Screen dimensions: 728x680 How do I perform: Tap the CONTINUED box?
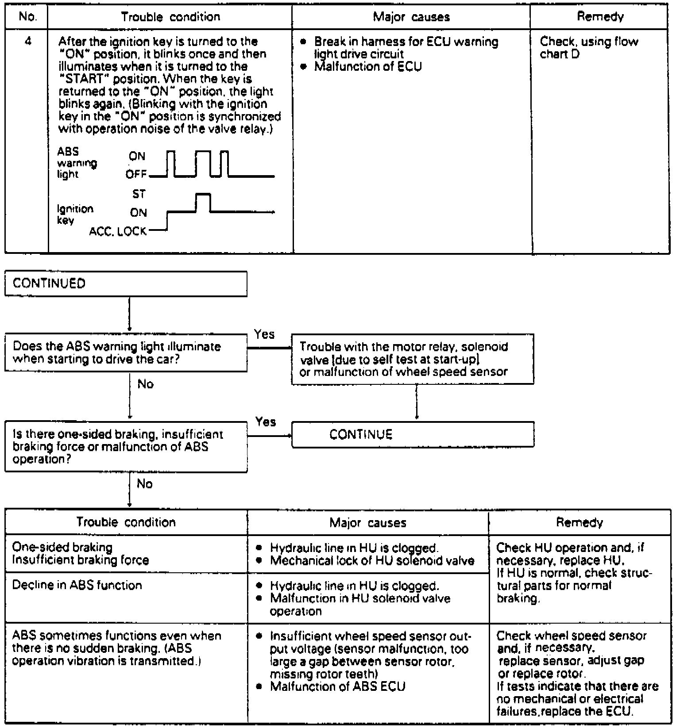[x=126, y=284]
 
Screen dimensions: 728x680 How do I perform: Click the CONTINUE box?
[x=413, y=434]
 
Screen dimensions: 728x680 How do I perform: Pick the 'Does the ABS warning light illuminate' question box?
[x=126, y=353]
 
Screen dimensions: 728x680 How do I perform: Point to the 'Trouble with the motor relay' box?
[x=413, y=359]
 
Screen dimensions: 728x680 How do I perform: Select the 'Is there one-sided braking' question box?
[x=126, y=447]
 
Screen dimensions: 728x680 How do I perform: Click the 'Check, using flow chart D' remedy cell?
[x=589, y=48]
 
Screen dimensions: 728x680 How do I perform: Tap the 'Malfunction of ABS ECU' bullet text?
[x=337, y=687]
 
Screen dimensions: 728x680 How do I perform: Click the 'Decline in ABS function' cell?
[x=77, y=585]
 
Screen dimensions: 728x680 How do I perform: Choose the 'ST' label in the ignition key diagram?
[x=139, y=194]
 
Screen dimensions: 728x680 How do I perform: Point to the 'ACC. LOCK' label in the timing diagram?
[x=118, y=232]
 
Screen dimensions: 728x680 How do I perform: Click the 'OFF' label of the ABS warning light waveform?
[x=136, y=175]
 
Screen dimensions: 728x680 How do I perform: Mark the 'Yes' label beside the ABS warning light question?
[x=264, y=334]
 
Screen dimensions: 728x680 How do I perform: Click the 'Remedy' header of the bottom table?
[x=580, y=523]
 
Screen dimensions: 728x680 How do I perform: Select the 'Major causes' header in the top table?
[x=411, y=17]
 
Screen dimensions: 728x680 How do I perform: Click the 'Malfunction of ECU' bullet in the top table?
[x=368, y=67]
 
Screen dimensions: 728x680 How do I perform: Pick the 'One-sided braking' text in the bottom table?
[x=62, y=548]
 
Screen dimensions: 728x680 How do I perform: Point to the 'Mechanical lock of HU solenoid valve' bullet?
[x=372, y=561]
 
